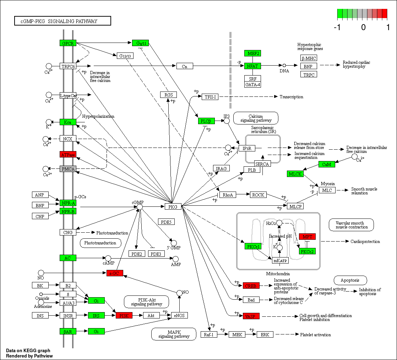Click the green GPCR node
(68, 43)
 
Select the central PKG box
(173, 206)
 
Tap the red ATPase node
(68, 154)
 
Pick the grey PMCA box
(68, 169)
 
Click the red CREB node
(251, 286)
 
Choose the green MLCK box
(295, 174)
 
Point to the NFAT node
(252, 66)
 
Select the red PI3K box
(124, 315)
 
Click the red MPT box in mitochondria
(307, 237)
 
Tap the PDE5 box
(166, 222)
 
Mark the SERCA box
(262, 164)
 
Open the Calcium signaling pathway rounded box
(256, 118)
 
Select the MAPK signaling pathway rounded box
(174, 334)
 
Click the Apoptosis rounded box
(350, 280)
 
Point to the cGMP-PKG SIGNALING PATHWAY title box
(62, 21)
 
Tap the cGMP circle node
(140, 206)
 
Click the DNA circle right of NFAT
(284, 65)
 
